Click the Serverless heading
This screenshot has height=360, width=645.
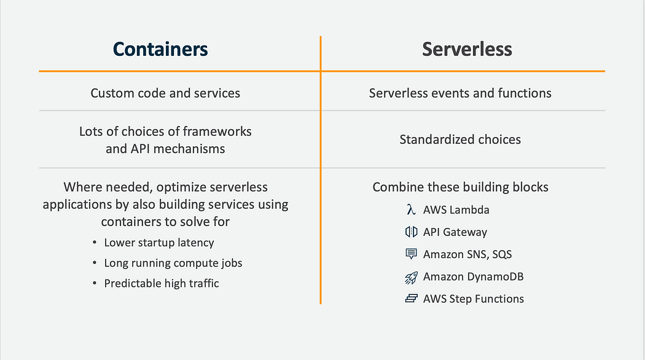tap(467, 50)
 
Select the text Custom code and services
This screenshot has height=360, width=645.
tap(165, 93)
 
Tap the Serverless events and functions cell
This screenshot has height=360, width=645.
tap(460, 93)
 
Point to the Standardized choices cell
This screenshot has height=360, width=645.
tap(460, 139)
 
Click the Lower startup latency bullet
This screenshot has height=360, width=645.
tap(158, 243)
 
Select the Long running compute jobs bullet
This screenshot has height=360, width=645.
tap(173, 263)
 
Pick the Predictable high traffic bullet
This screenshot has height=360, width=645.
tap(161, 283)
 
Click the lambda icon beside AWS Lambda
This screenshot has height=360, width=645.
tap(411, 210)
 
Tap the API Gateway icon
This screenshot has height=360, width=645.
tap(411, 232)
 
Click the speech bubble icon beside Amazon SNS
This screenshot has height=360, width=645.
tap(411, 254)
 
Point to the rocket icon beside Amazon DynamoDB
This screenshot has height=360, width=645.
tap(411, 277)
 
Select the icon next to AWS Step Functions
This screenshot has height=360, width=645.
tap(411, 299)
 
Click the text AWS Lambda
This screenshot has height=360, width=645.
tap(456, 210)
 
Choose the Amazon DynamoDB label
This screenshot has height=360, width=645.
tap(473, 277)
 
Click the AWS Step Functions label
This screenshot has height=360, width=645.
tap(473, 299)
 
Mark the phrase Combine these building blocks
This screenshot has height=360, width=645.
tap(460, 187)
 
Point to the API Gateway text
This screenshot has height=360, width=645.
tap(455, 232)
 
